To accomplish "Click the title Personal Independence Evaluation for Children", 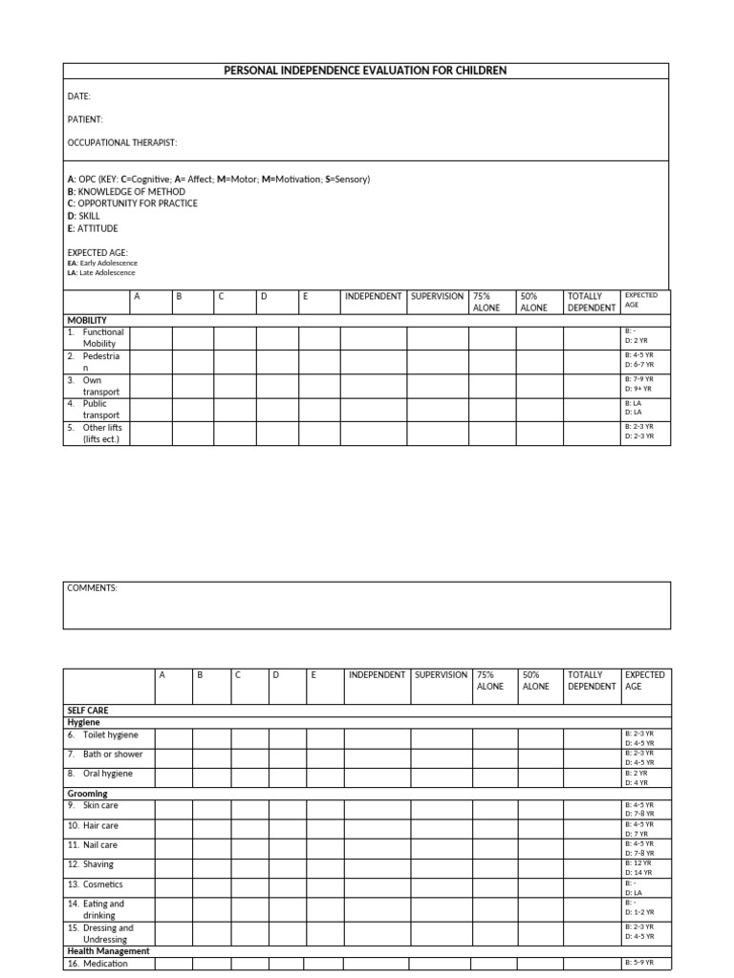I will click(366, 71).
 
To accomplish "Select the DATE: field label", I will click(79, 96).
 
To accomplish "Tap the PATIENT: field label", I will click(85, 119).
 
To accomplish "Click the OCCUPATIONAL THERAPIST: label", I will click(121, 142).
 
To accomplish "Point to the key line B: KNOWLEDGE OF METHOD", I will click(126, 192).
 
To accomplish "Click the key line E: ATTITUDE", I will click(93, 229).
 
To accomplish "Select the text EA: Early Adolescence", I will click(102, 263).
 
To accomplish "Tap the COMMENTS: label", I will click(92, 588).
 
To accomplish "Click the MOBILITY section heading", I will click(87, 320).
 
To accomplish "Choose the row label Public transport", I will click(99, 410).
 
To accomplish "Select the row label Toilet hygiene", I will click(109, 734).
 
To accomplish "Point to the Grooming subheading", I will click(87, 794).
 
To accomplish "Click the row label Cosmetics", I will click(102, 884).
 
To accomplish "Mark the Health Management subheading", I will click(108, 951).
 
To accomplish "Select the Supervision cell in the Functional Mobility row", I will click(438, 337).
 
